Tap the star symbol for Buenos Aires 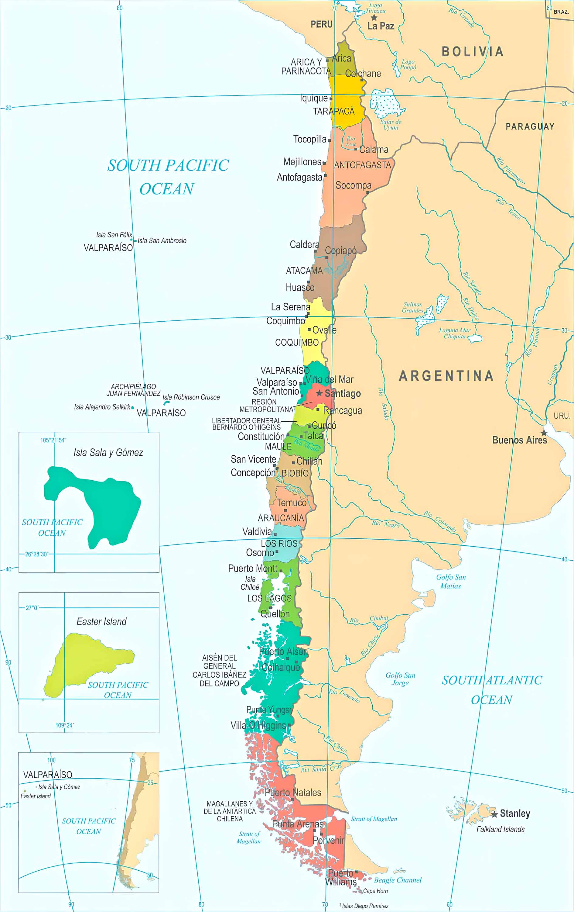[544, 433]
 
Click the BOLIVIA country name [473, 51]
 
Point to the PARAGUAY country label [530, 126]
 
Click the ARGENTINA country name [446, 376]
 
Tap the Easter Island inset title [101, 621]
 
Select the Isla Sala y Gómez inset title [108, 453]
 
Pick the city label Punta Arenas [298, 824]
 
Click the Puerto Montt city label [253, 568]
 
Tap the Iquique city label [314, 98]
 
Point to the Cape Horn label [375, 891]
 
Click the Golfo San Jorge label [400, 679]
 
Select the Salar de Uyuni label [391, 125]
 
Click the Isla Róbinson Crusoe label [191, 397]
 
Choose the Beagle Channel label [397, 880]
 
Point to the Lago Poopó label [408, 64]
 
